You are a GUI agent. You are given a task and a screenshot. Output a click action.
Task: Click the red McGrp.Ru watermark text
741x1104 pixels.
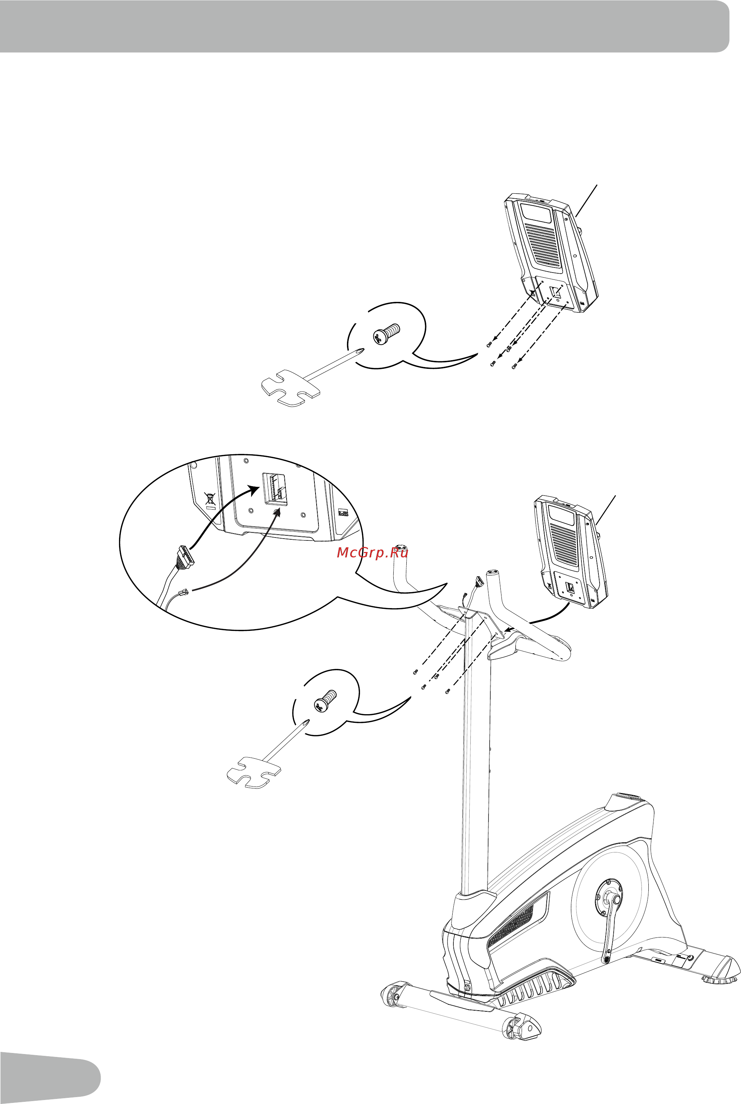coord(372,552)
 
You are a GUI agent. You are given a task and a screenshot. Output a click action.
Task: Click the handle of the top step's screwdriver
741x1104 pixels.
coord(291,388)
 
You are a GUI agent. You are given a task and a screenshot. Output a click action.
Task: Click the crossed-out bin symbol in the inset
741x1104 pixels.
coord(209,498)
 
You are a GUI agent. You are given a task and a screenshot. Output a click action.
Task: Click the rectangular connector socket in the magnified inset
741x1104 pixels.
coord(275,489)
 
